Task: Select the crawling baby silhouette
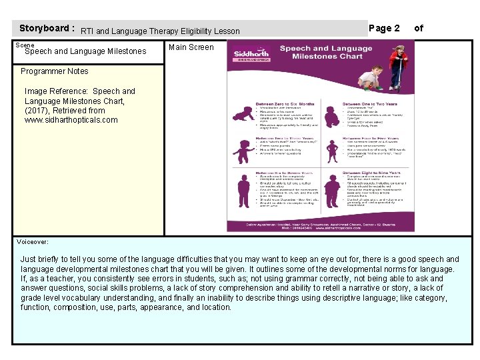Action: point(239,114)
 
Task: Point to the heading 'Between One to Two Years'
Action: point(369,105)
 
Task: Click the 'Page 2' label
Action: point(384,28)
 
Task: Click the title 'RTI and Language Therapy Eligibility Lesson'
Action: point(160,31)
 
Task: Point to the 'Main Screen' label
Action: point(191,47)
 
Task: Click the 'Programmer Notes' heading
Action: point(54,71)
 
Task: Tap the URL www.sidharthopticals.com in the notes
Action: point(71,120)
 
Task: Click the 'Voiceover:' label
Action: point(33,242)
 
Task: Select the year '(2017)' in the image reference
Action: point(38,111)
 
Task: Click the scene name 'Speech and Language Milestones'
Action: point(85,51)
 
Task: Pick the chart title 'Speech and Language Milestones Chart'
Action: point(325,53)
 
